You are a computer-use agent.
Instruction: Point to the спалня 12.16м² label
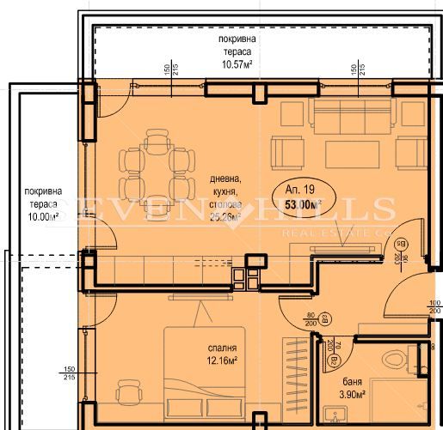(x=222, y=354)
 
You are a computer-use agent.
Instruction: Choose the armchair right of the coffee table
(x=410, y=153)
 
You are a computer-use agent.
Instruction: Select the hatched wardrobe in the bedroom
(x=294, y=378)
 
